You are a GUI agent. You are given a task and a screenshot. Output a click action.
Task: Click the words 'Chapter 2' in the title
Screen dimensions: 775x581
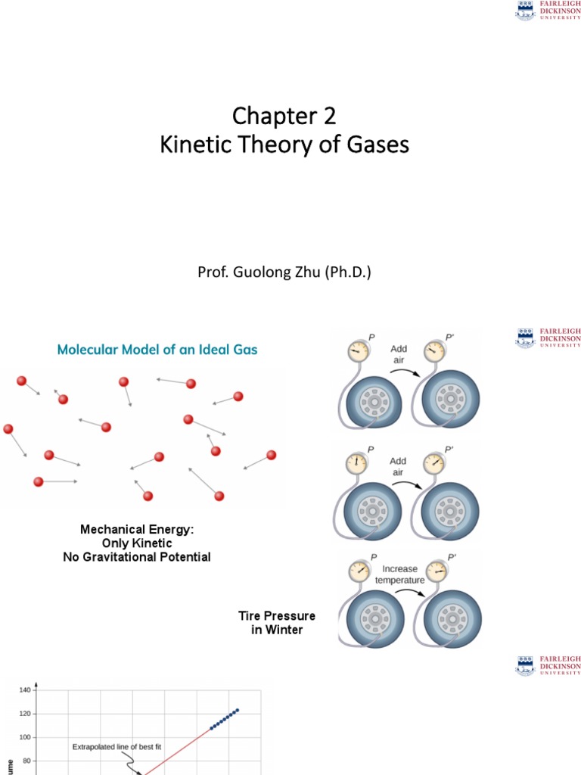[x=284, y=116]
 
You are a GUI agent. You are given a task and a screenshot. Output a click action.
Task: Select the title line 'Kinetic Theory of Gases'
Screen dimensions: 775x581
[x=284, y=144]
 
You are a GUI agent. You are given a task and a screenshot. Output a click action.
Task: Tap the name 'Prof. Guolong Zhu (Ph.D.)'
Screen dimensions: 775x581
[x=284, y=272]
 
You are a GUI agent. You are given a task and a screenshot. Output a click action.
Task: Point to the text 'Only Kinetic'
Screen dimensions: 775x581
[x=137, y=543]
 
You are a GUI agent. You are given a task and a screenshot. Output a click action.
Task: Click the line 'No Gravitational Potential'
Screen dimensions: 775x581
[x=137, y=557]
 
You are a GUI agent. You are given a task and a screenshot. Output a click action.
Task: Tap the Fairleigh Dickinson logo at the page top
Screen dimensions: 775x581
[x=548, y=11]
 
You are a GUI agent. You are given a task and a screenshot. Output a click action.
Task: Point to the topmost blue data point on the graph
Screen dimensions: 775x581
[x=238, y=710]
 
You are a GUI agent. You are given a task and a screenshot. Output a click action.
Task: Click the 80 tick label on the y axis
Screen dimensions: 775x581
[x=26, y=761]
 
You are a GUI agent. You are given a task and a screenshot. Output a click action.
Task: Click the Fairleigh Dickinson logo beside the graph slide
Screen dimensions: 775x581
[x=548, y=665]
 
